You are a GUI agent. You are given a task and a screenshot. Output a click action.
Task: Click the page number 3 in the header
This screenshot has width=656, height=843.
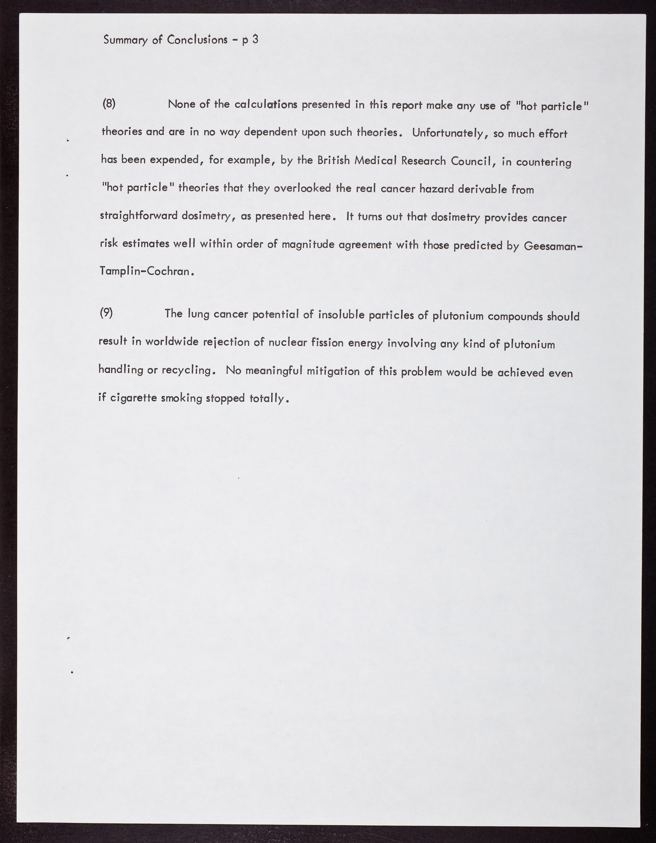click(x=255, y=40)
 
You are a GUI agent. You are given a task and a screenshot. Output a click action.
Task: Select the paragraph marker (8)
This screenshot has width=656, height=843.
click(x=109, y=104)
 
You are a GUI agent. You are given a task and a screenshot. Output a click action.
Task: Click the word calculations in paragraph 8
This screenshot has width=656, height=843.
click(x=266, y=105)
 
